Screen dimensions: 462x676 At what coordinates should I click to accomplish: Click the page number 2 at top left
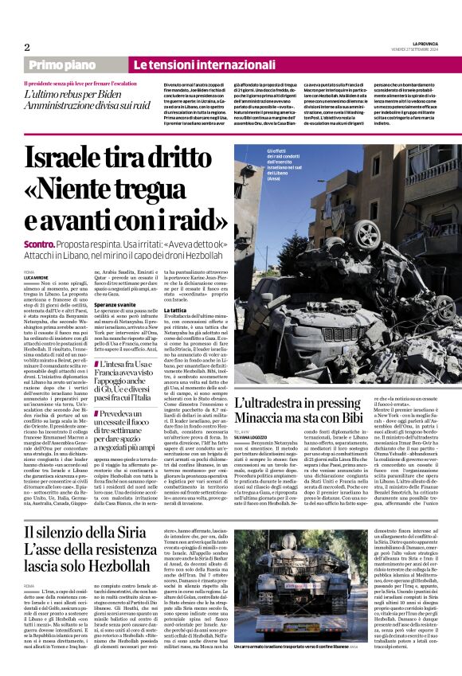27,47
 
